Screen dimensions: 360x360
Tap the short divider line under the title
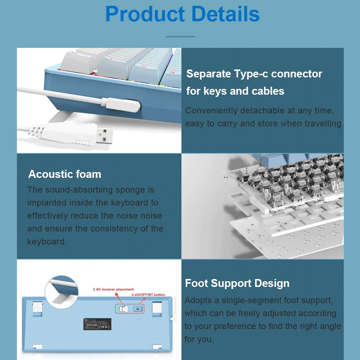180,36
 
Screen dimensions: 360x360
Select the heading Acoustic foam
65,174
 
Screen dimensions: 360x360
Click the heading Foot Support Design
237,283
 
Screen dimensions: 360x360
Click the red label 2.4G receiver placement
113,289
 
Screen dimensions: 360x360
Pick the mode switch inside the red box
138,309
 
